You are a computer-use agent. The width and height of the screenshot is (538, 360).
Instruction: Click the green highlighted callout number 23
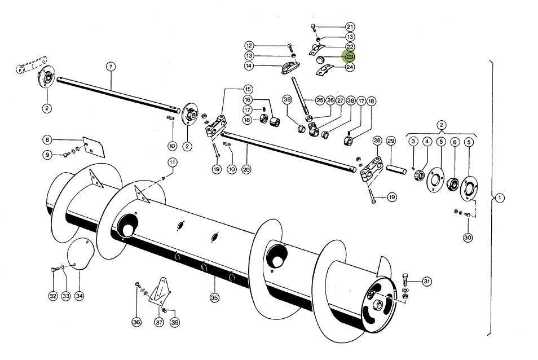[x=350, y=56]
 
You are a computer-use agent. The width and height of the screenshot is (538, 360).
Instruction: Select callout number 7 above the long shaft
[x=111, y=66]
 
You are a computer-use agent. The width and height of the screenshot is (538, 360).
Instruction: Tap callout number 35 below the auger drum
[x=214, y=297]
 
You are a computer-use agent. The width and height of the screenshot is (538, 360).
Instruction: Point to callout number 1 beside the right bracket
[x=500, y=198]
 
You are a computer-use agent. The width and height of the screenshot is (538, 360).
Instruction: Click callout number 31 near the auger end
[x=426, y=282]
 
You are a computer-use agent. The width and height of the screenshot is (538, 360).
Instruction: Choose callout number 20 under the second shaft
[x=246, y=169]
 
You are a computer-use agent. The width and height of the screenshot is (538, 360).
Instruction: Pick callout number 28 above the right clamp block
[x=377, y=141]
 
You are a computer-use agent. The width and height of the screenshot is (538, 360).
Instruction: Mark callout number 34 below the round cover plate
[x=80, y=296]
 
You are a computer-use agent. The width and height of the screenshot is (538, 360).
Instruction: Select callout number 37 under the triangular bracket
[x=159, y=322]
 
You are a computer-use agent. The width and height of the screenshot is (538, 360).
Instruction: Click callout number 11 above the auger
[x=172, y=162]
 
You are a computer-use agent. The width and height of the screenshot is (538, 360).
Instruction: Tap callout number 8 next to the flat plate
[x=47, y=140]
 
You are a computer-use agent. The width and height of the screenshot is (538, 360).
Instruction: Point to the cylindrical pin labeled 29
[x=396, y=169]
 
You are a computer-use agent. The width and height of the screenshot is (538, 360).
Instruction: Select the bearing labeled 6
[x=453, y=185]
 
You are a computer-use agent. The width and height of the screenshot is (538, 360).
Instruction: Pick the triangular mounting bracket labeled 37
[x=160, y=291]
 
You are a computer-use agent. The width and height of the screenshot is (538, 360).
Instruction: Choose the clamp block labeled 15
[x=216, y=126]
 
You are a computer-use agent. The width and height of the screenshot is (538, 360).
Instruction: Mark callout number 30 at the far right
[x=468, y=238]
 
